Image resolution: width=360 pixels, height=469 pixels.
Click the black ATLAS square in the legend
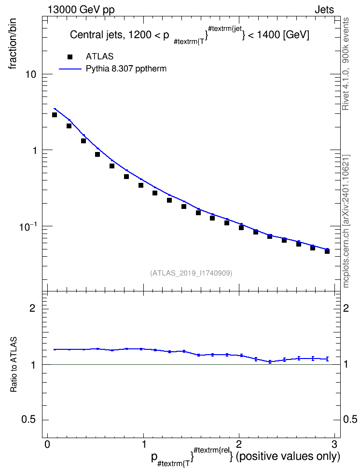pos(70,57)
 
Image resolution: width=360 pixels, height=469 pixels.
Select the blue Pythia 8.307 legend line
pos(70,69)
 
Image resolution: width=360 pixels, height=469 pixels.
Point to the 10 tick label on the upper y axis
pos(30,74)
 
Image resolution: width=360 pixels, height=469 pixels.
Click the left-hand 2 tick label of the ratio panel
pos(32,308)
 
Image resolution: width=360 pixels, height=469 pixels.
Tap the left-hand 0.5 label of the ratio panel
pos(28,419)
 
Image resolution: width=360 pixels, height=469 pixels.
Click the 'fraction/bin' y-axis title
pos(13,44)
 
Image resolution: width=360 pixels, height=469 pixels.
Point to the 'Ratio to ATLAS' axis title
pos(14,365)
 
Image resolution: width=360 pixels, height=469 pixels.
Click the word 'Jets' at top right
pos(324,10)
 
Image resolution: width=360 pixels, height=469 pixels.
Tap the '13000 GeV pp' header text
pos(81,10)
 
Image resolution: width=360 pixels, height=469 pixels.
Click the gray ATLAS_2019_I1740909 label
pos(191,273)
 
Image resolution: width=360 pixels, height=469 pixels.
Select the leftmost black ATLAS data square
pos(55,115)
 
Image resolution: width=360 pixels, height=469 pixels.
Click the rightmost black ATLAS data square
pos(327,251)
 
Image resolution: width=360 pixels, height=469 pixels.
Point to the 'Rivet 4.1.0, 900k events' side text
pos(346,64)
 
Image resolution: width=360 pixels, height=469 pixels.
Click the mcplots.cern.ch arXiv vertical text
pos(346,221)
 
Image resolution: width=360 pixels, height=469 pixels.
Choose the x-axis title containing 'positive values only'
pos(245,457)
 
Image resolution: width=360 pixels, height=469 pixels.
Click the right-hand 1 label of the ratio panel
pos(346,365)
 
